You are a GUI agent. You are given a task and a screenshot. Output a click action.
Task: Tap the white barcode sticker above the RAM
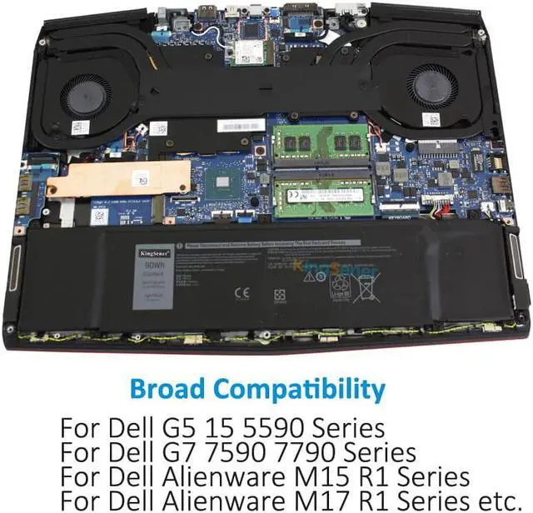pos(241,125)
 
